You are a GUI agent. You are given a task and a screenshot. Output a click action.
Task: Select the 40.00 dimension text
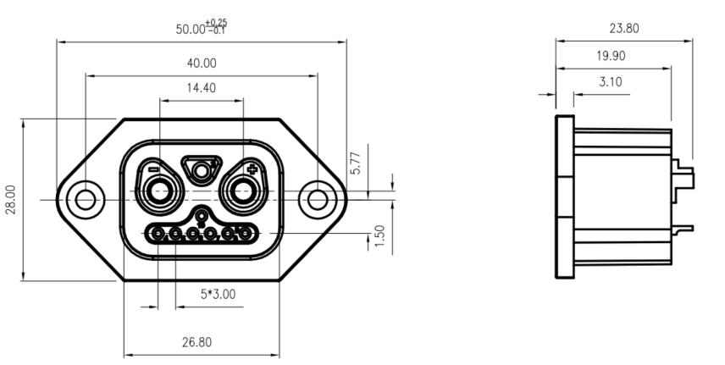coord(201,63)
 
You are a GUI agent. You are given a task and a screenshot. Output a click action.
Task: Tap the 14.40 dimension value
coord(201,87)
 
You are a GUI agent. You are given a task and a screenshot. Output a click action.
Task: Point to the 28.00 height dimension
coord(10,200)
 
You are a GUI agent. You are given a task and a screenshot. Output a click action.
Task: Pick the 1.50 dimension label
coord(380,237)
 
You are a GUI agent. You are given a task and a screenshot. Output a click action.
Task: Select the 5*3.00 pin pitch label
coord(218,294)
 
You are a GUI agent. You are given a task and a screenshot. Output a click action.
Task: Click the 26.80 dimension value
coord(201,342)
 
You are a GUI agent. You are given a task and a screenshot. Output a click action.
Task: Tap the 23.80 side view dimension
coord(624,28)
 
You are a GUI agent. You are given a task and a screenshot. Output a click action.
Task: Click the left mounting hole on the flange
coord(85,200)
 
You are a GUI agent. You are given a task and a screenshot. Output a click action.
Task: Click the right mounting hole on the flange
coord(317,200)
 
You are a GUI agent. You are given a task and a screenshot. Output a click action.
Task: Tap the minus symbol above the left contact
coord(152,169)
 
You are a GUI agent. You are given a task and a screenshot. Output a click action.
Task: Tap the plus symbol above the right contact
coord(251,169)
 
